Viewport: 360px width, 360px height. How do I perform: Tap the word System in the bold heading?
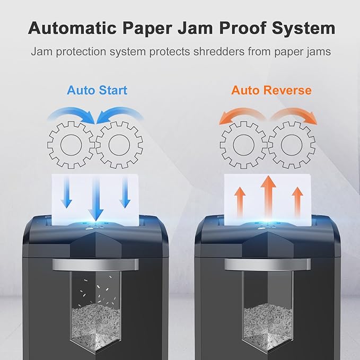303,29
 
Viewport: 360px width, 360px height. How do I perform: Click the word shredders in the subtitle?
219,51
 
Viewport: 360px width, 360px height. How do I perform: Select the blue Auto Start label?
97,90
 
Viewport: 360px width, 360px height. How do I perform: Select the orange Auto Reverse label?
271,90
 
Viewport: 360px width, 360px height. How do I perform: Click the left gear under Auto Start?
71,145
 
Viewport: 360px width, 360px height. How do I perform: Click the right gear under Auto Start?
119,145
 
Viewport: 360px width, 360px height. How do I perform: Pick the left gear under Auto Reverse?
243,145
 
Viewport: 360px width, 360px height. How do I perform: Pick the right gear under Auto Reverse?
292,145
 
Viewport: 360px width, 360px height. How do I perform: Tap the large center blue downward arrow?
96,199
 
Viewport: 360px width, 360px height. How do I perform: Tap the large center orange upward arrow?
268,197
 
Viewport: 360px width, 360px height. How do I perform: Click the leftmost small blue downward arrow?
66,192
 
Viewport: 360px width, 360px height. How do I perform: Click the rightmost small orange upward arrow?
297,202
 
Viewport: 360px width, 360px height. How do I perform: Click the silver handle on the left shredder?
95,265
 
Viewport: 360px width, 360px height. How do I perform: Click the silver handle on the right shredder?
267,264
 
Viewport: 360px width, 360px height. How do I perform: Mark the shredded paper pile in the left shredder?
96,325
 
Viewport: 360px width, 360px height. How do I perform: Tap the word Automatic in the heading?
72,28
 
